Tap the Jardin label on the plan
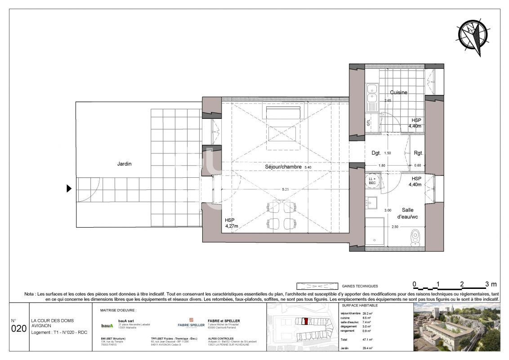(x=124, y=164)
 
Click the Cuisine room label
(x=398, y=92)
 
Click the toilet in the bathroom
(x=415, y=236)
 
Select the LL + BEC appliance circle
(x=372, y=180)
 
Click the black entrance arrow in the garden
(x=69, y=189)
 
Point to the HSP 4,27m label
(x=231, y=223)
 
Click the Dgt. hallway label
(x=376, y=153)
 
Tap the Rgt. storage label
(x=418, y=153)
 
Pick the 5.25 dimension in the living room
(x=286, y=189)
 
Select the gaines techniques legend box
(x=317, y=286)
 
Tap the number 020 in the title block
(x=18, y=328)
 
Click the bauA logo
(x=107, y=325)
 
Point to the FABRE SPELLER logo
(x=191, y=323)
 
